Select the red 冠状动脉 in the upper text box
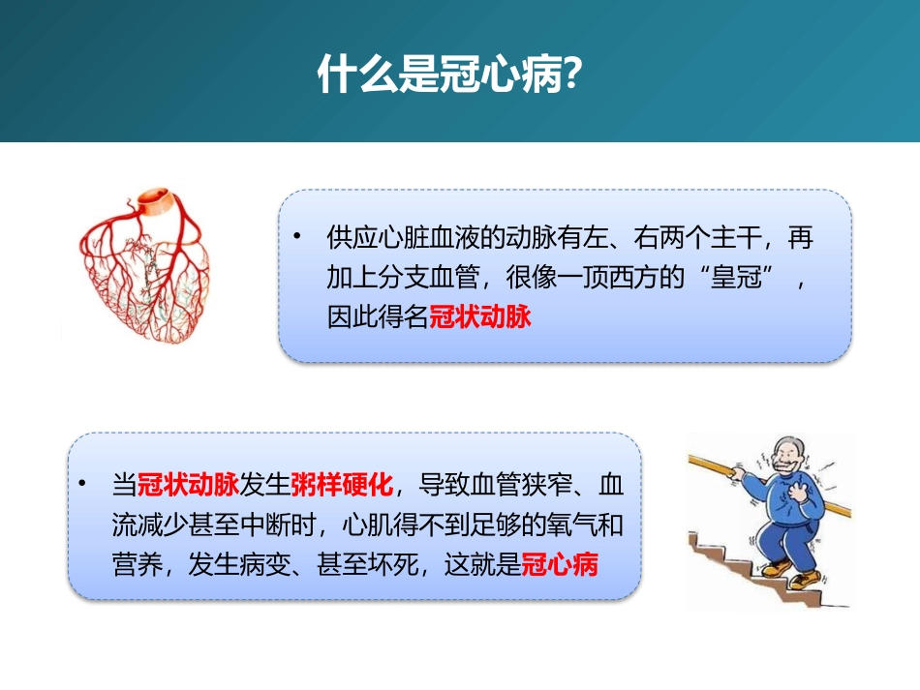(x=480, y=316)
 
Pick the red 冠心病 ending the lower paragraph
(x=559, y=564)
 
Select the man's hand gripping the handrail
(x=740, y=475)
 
